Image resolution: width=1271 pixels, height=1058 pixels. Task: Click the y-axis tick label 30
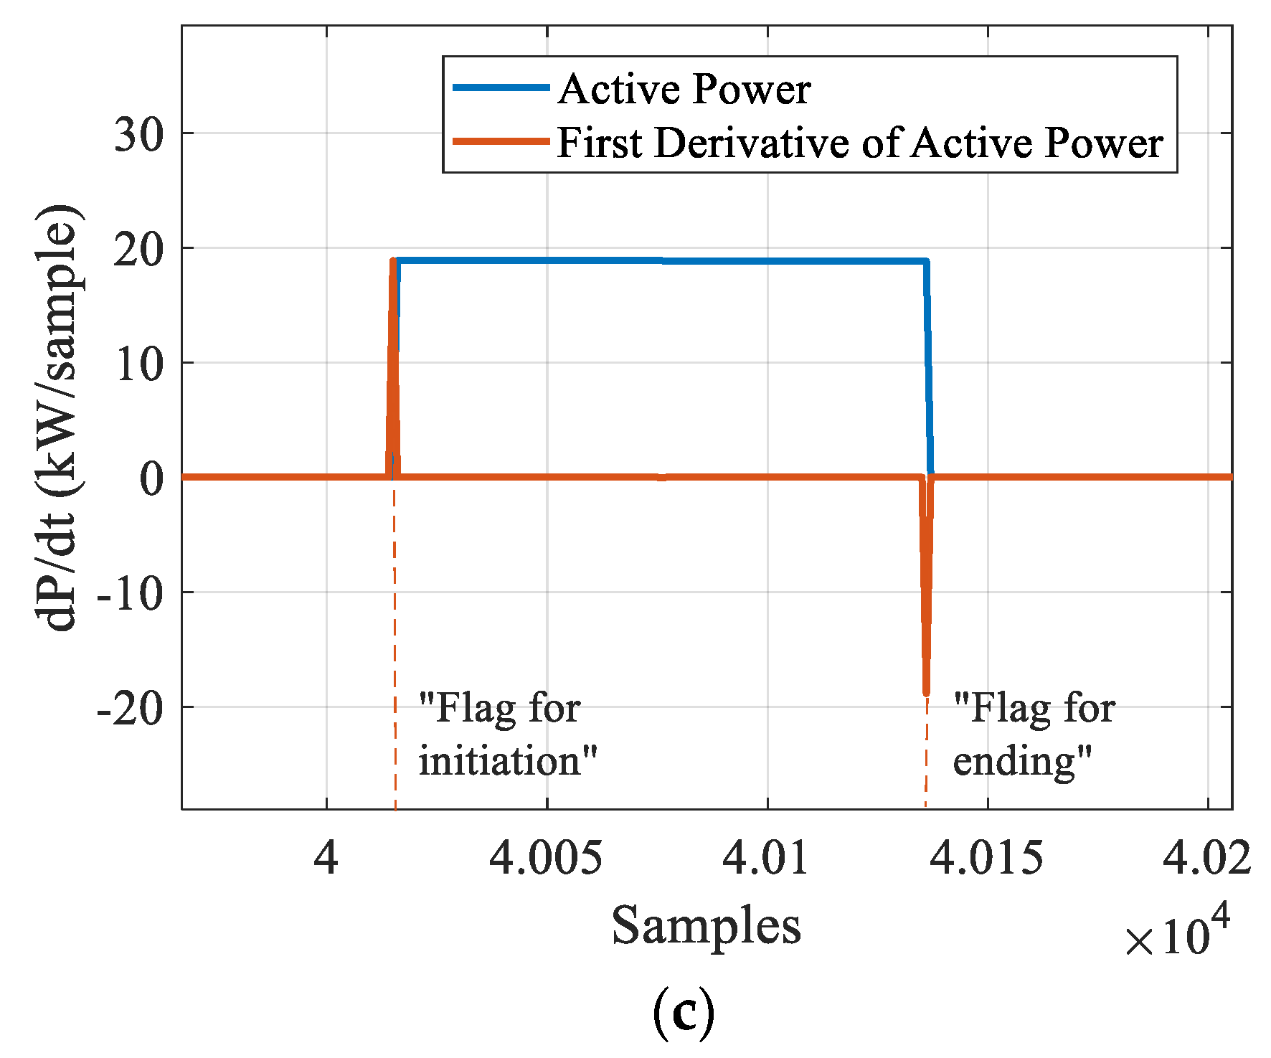138,135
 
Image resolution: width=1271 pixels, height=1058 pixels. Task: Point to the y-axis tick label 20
138,250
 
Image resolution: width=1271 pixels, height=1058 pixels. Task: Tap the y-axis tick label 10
138,364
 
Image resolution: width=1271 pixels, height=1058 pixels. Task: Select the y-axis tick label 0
151,478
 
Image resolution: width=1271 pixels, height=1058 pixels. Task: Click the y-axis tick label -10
130,594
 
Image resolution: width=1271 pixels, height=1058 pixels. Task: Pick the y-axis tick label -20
130,709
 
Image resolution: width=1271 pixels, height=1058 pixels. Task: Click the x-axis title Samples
706,925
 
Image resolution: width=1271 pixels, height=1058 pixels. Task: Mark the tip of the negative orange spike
926,693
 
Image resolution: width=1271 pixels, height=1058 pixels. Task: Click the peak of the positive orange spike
393,260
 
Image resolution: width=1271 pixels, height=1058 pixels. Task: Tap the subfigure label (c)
684,1012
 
